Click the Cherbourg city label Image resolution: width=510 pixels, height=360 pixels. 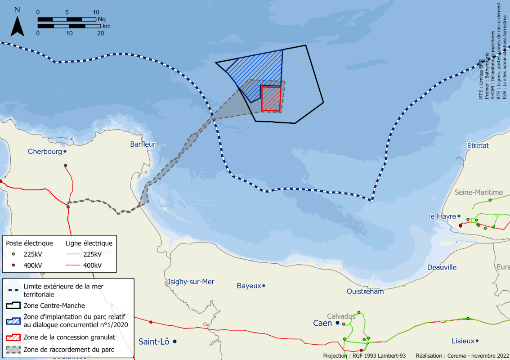click(45, 152)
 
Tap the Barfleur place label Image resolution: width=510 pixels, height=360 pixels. click(143, 144)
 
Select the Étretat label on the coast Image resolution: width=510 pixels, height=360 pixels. click(478, 146)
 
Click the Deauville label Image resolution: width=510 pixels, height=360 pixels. click(442, 267)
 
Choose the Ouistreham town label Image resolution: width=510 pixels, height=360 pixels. click(365, 291)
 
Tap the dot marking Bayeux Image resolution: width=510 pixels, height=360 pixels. click(264, 286)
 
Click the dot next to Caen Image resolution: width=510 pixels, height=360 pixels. click(337, 323)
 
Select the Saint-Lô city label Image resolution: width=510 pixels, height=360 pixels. click(154, 342)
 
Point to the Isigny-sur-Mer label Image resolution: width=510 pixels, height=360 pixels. click(191, 282)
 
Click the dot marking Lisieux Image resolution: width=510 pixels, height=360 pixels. click(478, 341)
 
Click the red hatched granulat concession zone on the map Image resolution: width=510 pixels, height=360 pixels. click(271, 99)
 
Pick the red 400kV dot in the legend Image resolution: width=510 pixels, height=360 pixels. click(13, 265)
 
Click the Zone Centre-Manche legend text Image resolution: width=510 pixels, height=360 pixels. click(54, 306)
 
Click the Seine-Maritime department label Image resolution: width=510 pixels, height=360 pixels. click(479, 193)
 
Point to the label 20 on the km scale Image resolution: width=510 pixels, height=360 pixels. click(100, 33)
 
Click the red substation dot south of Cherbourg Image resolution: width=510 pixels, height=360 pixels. click(66, 166)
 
